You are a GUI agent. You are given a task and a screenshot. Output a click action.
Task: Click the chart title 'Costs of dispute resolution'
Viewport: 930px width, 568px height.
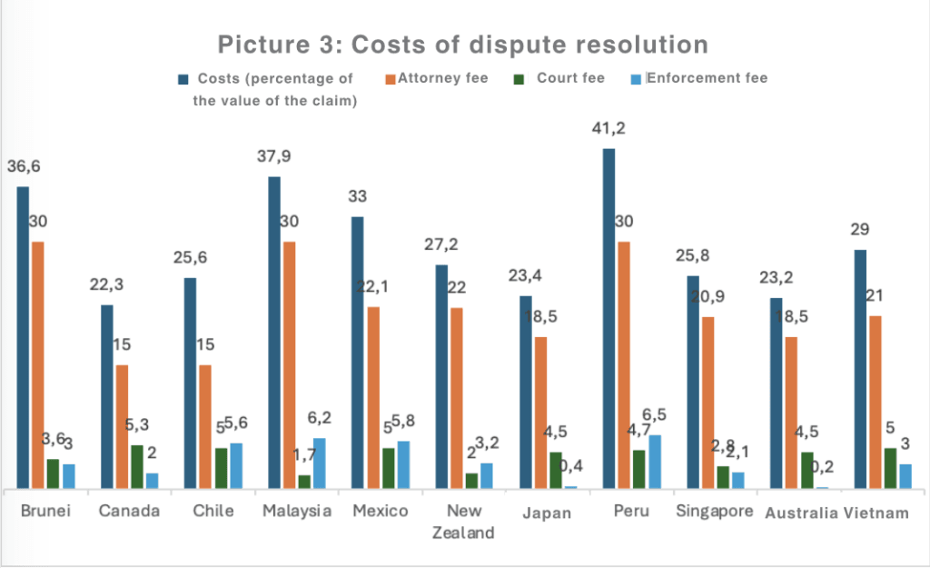[462, 45]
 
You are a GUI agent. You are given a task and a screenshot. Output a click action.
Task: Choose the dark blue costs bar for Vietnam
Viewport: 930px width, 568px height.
[859, 369]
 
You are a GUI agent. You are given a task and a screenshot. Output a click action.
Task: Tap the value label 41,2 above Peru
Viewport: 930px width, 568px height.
[609, 129]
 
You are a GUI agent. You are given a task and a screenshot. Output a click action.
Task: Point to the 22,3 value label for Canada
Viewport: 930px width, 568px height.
[106, 285]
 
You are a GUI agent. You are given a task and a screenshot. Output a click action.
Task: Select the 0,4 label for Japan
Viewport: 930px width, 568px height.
[570, 465]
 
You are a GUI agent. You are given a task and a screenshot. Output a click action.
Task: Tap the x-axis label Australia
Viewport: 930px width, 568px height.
[801, 513]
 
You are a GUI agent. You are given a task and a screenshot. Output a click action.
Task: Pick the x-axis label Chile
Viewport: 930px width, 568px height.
[213, 511]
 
